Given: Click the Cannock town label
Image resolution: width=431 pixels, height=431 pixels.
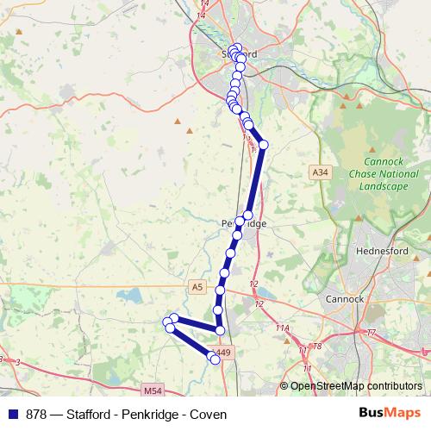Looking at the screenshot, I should (345, 300).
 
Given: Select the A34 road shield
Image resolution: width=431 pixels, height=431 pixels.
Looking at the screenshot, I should (320, 172).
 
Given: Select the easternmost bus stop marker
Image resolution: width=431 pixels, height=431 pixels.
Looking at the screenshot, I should (264, 144).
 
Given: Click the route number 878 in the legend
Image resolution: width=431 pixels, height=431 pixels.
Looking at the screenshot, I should (36, 415).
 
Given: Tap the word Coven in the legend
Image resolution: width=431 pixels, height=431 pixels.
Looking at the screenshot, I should (209, 415).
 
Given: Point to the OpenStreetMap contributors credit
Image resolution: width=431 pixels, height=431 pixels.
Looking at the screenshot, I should (356, 385).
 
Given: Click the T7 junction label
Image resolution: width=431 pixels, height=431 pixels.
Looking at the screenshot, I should (372, 333).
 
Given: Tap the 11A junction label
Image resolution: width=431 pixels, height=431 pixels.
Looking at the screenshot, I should (283, 328).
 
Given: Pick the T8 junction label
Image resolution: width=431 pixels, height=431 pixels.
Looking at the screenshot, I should (316, 346).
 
